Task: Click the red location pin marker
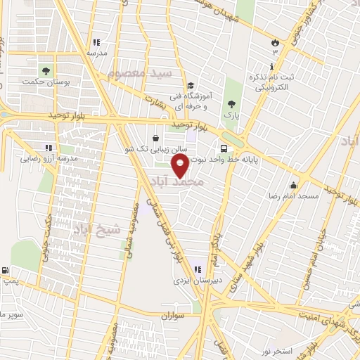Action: [181, 166]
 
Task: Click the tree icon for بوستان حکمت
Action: [46, 70]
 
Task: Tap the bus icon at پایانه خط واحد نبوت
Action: [224, 148]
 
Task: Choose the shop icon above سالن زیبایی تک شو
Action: [155, 138]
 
